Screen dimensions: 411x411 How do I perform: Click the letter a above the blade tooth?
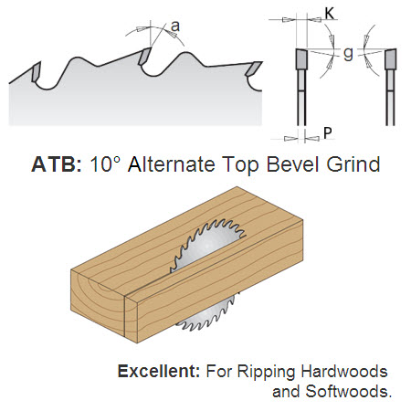tap(175, 26)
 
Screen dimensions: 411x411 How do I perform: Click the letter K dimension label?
tap(330, 14)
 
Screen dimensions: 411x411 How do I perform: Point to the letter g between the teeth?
tap(348, 54)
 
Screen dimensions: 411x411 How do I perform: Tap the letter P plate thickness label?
tap(327, 133)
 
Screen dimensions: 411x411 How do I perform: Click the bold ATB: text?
tap(57, 164)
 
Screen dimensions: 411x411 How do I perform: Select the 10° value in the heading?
tap(105, 164)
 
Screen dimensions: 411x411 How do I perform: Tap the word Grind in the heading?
tap(353, 164)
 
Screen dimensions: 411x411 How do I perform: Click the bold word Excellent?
tap(159, 372)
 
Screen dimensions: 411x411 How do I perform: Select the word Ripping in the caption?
tap(267, 373)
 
